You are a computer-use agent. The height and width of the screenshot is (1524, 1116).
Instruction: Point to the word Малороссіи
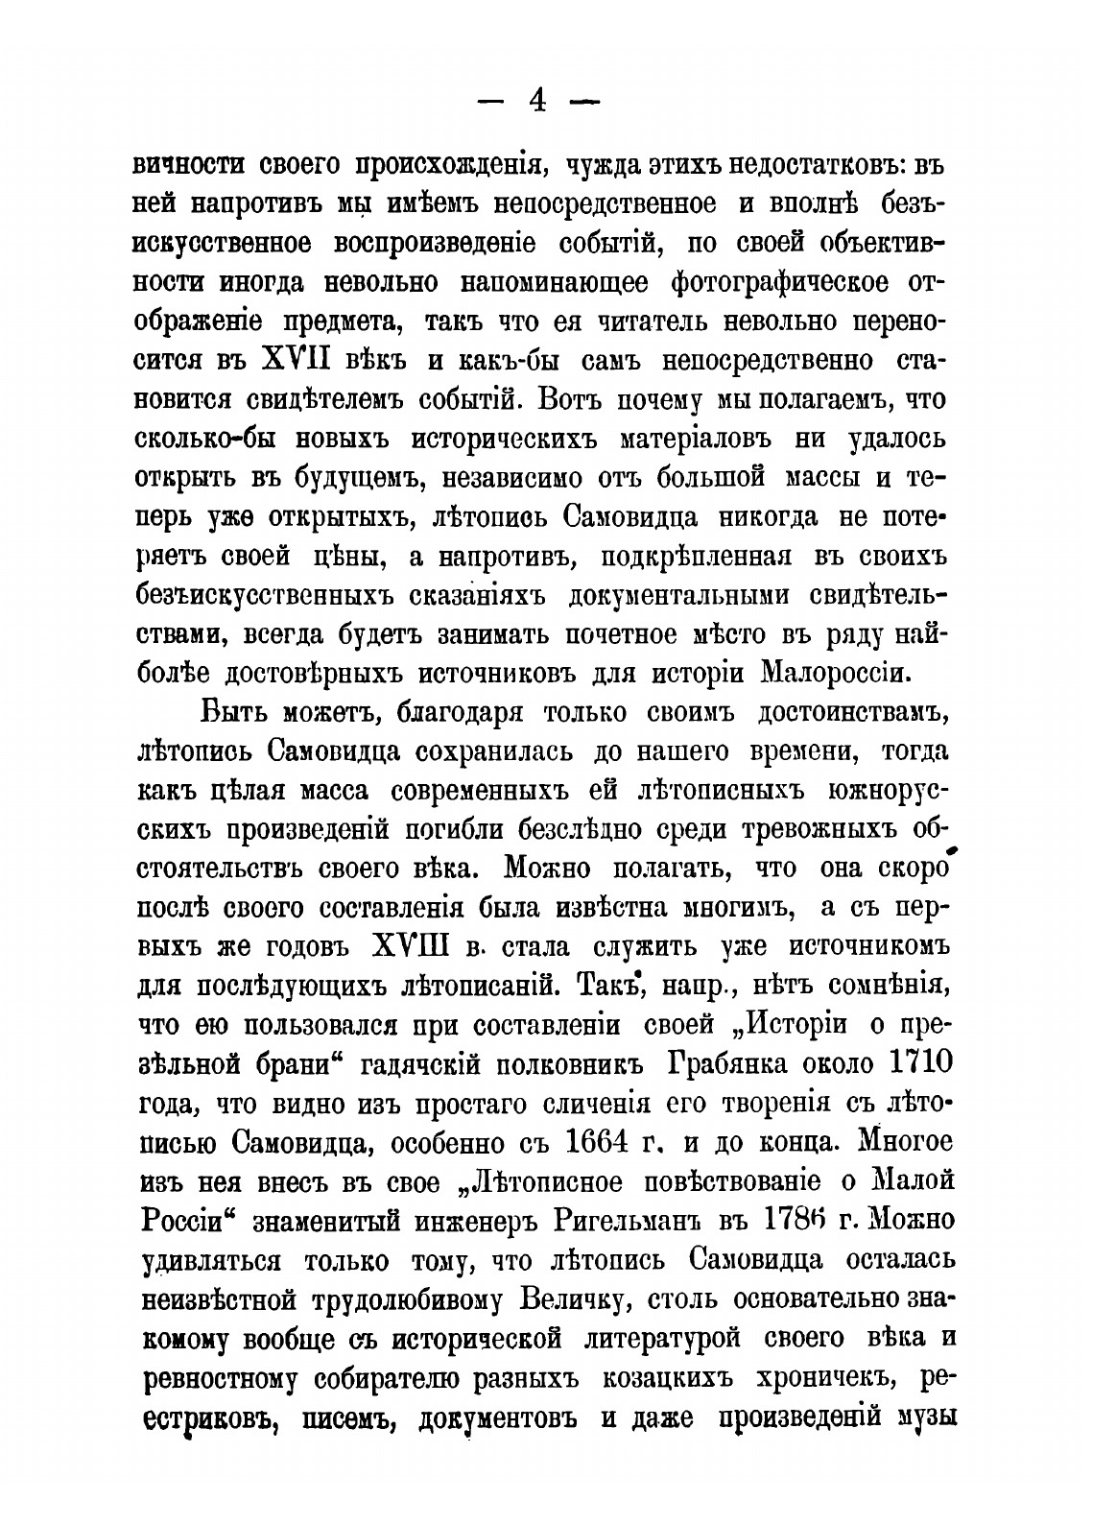pos(834,673)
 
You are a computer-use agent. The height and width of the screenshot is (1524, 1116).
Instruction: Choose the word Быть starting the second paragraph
pos(240,713)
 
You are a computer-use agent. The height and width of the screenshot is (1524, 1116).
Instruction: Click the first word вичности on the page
pos(181,168)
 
